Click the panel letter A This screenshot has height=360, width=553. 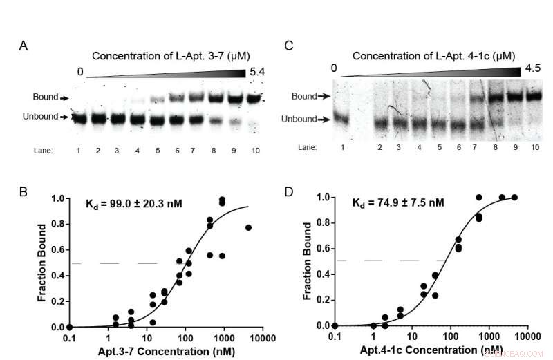point(24,46)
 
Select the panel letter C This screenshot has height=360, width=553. point(290,46)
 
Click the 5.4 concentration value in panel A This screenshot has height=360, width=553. point(257,72)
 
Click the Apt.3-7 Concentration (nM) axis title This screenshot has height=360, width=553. point(150,350)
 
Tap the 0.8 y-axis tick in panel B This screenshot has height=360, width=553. point(61,224)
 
